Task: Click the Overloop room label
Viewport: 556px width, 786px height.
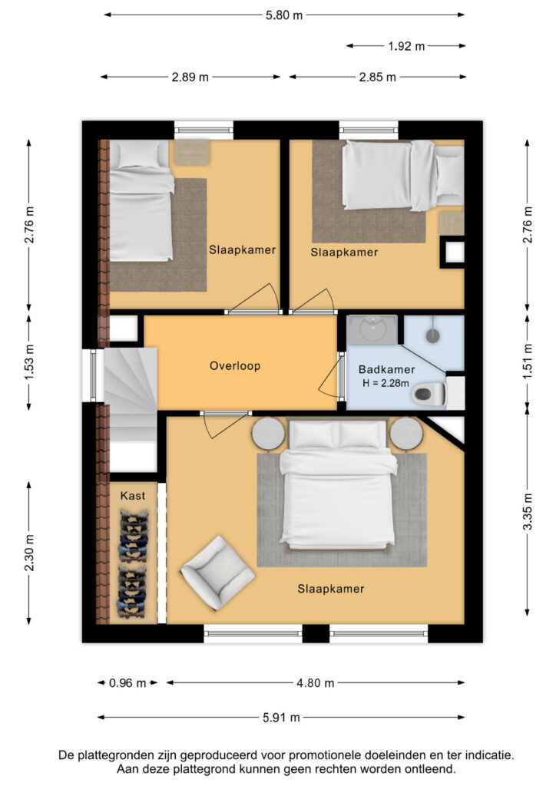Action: (x=235, y=366)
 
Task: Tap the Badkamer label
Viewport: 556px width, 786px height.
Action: (x=386, y=369)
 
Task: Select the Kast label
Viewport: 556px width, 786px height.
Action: (x=132, y=496)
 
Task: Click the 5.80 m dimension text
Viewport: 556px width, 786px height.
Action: (x=284, y=15)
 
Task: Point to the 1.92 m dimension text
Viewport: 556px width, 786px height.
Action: (x=406, y=46)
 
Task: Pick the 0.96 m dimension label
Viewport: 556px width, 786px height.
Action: (x=127, y=682)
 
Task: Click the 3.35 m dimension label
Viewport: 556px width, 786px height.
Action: (x=528, y=512)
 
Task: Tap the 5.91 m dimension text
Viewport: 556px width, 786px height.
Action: (x=281, y=718)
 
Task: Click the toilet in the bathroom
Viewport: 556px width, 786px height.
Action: (x=429, y=394)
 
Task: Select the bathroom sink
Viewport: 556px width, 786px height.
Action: (x=373, y=329)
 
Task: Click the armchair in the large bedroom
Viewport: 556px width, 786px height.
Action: (x=217, y=572)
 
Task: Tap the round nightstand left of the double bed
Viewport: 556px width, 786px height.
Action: (x=268, y=434)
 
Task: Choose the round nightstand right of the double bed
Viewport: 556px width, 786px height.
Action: (x=406, y=434)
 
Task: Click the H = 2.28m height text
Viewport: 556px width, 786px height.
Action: (x=386, y=384)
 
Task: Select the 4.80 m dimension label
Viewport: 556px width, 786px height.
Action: (x=316, y=682)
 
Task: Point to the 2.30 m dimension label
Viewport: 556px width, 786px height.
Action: (x=30, y=553)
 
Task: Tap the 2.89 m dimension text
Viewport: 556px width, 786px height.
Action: (x=190, y=78)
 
